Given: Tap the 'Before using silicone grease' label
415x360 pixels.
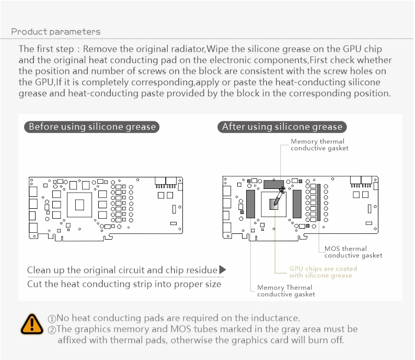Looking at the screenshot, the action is pyautogui.click(x=92, y=127).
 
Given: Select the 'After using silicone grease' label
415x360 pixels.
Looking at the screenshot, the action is pyautogui.click(x=282, y=127).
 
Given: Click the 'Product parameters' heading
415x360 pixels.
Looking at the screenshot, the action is pyautogui.click(x=56, y=32).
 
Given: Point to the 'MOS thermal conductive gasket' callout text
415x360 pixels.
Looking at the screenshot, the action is pyautogui.click(x=353, y=252).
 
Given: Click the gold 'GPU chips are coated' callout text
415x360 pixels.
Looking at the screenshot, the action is pyautogui.click(x=323, y=272).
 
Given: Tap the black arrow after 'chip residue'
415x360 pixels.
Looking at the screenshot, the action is pyautogui.click(x=222, y=270).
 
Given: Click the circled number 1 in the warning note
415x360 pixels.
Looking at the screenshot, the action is pyautogui.click(x=52, y=319).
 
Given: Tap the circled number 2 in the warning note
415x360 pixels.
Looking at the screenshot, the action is pyautogui.click(x=52, y=330).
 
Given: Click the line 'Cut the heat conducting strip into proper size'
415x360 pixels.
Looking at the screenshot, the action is pyautogui.click(x=124, y=284).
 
